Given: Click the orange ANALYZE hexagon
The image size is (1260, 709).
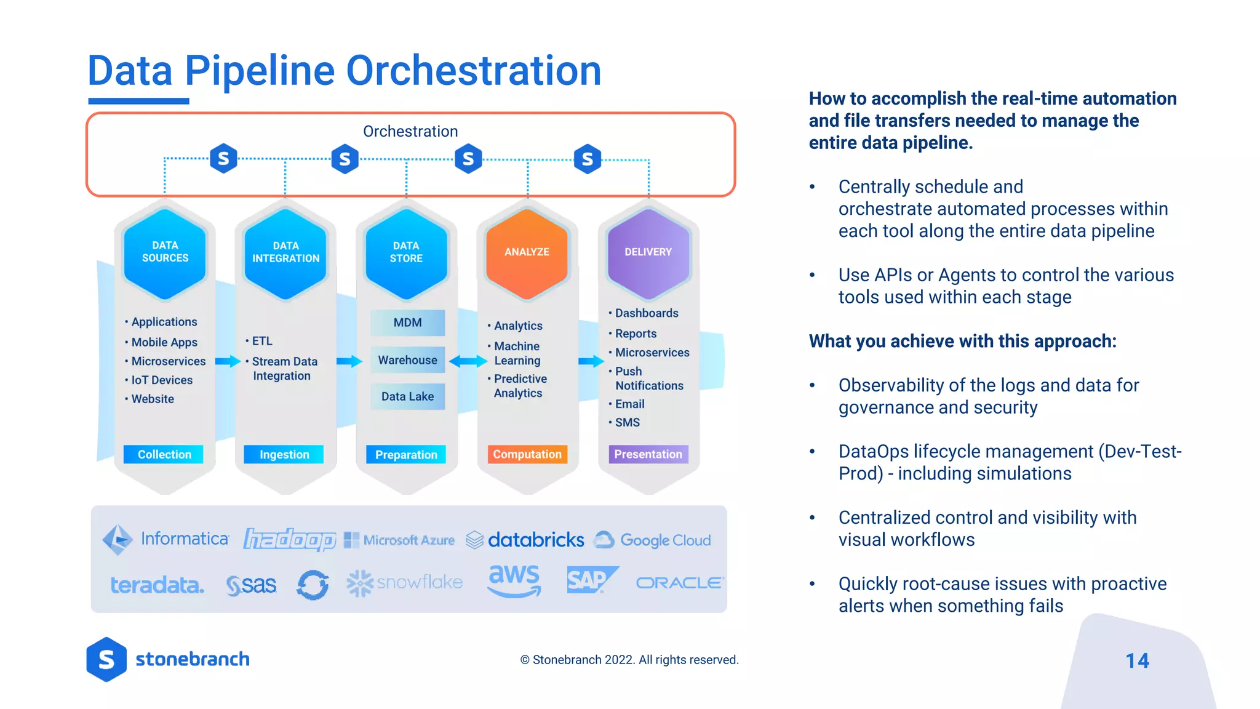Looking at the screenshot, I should [527, 253].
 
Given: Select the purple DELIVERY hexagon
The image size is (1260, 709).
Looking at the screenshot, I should [648, 253].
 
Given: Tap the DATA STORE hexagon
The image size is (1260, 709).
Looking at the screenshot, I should [406, 253].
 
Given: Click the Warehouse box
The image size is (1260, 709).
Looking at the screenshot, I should [407, 360].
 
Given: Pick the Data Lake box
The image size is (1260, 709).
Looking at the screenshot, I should [407, 397].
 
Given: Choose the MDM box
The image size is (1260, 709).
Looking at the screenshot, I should [407, 323].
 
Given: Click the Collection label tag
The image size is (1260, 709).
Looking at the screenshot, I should [164, 454].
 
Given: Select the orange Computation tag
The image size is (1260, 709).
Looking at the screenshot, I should [527, 454].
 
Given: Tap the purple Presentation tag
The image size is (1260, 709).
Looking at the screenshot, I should [648, 454].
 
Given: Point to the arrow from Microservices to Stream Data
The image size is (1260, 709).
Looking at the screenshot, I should [227, 361].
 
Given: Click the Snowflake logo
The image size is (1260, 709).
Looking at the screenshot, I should [404, 582].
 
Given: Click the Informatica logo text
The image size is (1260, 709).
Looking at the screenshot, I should [185, 539].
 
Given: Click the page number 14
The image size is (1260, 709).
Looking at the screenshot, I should [1137, 661].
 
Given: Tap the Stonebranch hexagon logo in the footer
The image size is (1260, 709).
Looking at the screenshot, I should [106, 659].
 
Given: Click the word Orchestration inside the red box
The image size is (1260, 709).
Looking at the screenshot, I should [410, 131].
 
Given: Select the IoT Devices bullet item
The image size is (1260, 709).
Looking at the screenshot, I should [162, 380].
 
